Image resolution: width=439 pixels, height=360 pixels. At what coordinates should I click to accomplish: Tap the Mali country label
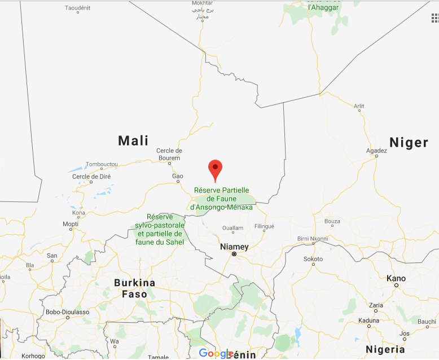pos(133,141)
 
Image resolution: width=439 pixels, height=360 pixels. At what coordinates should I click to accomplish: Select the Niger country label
pos(409,142)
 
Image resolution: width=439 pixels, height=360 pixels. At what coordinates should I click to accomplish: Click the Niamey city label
pos(234,247)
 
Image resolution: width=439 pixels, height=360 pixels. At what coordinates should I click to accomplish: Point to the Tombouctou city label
pos(102,164)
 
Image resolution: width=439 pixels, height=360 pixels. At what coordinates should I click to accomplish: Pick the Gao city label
pos(177,176)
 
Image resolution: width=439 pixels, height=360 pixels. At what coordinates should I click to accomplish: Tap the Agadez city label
pos(376,151)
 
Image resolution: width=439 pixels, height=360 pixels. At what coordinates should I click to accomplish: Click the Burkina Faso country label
pos(134,288)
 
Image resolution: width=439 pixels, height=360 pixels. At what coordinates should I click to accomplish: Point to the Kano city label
pos(396,278)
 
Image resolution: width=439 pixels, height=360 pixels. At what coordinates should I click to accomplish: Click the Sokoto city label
pos(313,259)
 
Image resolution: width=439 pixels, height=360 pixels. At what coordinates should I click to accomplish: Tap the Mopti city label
pos(71,224)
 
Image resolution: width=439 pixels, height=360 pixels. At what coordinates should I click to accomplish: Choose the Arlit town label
pos(359,106)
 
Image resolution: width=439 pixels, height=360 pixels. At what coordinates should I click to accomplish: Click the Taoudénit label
pos(78,8)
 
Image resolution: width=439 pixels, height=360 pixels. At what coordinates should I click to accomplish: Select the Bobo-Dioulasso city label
pos(68,311)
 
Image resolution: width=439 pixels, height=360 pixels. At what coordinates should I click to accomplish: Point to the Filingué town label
pos(264,226)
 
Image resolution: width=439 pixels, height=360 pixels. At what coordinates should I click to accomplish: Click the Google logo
pos(216,353)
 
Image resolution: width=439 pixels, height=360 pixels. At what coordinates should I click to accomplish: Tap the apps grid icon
pos(434,18)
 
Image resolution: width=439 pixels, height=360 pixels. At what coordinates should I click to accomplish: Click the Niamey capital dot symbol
pos(234,254)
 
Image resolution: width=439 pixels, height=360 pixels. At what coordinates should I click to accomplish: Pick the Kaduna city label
pos(368,319)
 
